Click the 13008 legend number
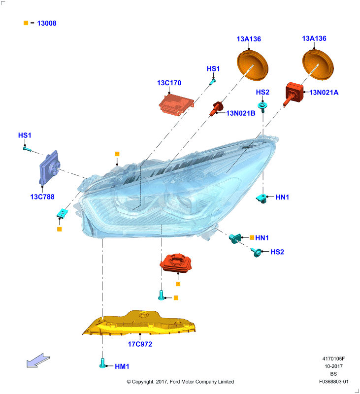(47, 23)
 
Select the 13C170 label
(169, 83)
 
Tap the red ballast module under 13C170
(176, 105)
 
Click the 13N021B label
(241, 113)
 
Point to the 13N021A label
(324, 93)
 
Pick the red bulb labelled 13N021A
(294, 94)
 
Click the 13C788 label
(42, 197)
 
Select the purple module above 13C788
(50, 167)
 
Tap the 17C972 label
(140, 344)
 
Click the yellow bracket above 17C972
(140, 324)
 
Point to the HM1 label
(122, 366)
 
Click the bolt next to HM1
(102, 363)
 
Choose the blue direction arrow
(38, 361)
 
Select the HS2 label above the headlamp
(262, 92)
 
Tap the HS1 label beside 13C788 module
(25, 135)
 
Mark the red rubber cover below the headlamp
(176, 263)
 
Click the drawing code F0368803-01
(333, 382)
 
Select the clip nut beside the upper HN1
(262, 198)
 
